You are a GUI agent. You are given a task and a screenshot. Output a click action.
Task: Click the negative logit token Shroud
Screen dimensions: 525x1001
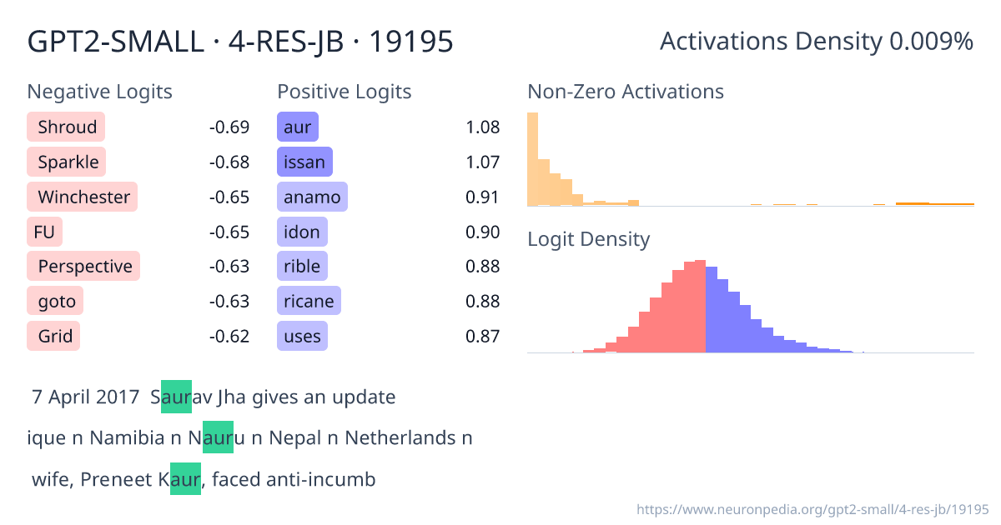point(66,127)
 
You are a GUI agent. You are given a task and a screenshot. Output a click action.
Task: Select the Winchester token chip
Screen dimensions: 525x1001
point(83,197)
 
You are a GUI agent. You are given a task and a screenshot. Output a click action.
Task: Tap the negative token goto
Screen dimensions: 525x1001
point(56,302)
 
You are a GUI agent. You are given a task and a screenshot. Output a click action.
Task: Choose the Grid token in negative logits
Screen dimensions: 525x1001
point(54,337)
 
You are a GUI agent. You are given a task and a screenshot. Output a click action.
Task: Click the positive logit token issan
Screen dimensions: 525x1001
point(304,162)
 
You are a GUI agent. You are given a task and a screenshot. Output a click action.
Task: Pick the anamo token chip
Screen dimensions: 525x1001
point(312,197)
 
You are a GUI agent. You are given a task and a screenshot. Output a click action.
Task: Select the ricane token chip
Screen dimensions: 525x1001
point(309,302)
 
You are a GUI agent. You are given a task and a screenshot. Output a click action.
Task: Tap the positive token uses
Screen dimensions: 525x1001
point(302,337)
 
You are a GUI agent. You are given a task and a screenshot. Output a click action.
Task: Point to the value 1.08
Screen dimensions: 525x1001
point(482,127)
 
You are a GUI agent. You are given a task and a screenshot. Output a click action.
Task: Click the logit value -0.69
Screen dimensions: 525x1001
point(229,127)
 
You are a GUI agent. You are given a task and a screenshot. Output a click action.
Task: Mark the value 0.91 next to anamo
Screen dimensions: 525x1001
point(482,197)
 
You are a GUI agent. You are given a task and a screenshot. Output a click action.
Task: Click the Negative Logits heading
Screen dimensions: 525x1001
point(100,92)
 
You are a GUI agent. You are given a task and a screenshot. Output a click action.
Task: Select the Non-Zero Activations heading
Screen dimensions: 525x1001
point(626,92)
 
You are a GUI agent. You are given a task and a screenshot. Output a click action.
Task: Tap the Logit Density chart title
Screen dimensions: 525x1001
point(588,240)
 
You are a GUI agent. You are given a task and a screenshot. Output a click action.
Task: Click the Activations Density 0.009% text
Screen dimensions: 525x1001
point(816,41)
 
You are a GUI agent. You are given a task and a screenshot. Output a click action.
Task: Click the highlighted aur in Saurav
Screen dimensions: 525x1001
point(176,397)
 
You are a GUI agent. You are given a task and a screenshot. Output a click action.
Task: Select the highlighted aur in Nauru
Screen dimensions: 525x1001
point(218,438)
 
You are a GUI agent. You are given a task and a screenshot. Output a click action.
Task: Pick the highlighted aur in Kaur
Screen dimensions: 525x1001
point(185,479)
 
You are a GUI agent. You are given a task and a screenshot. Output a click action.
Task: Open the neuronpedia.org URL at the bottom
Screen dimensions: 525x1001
point(812,509)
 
